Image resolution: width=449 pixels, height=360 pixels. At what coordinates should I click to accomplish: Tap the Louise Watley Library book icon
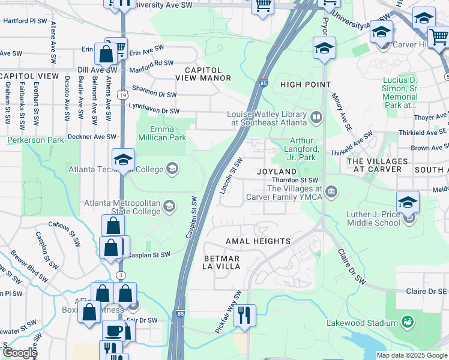(316, 115)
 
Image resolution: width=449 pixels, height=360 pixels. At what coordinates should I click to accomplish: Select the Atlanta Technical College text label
(116, 169)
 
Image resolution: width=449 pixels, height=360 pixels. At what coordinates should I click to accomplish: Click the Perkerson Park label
(35, 140)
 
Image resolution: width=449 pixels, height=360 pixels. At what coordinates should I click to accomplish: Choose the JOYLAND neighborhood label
(277, 172)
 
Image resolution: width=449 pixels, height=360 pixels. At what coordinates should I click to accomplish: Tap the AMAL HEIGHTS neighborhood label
(258, 241)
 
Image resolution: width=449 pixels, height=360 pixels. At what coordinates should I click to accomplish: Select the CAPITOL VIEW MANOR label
(203, 74)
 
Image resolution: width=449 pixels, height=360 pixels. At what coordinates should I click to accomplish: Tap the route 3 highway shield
(122, 274)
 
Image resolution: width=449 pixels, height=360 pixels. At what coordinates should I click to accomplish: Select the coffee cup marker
(113, 331)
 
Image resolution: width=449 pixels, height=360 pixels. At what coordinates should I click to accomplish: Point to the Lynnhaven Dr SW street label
(154, 111)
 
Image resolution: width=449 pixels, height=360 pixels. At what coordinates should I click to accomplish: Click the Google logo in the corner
(19, 353)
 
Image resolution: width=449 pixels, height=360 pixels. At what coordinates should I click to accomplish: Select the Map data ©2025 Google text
(411, 355)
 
